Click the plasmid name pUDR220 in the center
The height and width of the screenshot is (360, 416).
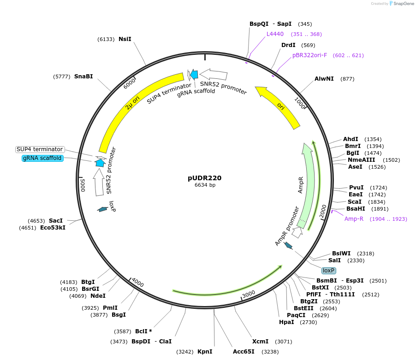coord(205,178)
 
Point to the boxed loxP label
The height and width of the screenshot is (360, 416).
coord(329,271)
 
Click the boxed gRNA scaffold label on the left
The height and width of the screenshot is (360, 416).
coord(42,158)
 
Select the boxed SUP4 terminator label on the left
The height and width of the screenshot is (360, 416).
coord(40,149)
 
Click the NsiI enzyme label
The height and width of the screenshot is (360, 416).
coord(125,39)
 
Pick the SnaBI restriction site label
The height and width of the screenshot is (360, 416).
coord(83,76)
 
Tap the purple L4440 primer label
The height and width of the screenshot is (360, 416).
coord(275,34)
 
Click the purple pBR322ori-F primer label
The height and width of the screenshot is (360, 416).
coord(309,55)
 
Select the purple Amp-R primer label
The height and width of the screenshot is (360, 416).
coord(354,219)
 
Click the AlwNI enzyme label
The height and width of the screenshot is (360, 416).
coord(324,79)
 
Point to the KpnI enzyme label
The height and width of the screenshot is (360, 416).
coord(205,352)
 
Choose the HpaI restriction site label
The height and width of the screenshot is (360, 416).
coord(286,322)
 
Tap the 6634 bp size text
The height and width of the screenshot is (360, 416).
coord(205,185)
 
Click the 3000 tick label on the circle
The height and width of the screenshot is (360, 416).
coord(249,294)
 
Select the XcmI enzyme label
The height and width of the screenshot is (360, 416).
coord(260,342)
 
